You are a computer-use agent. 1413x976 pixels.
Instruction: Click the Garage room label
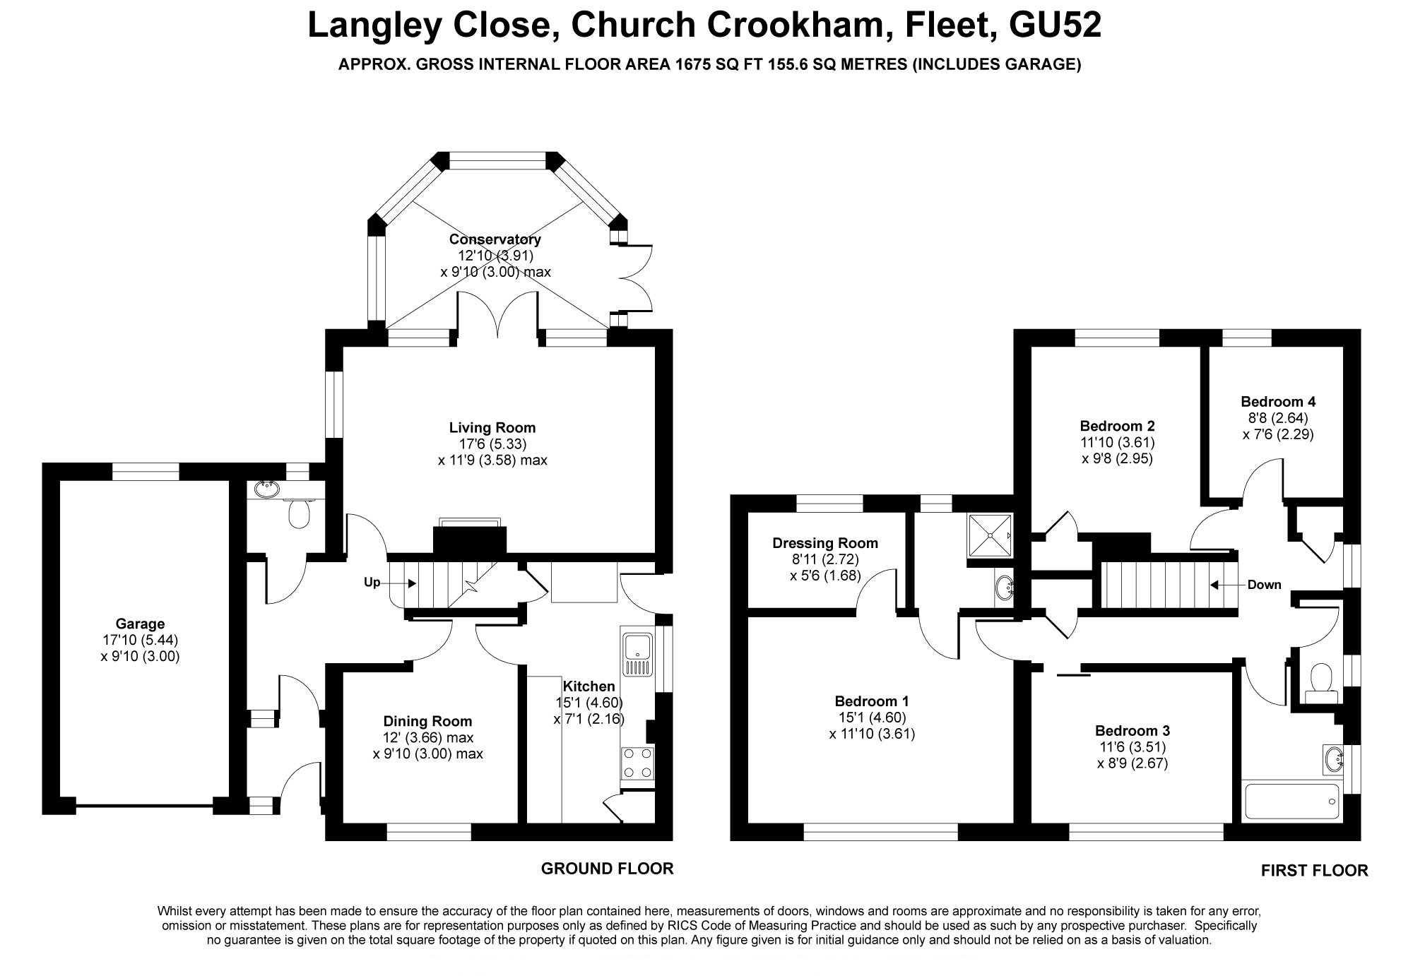tap(140, 624)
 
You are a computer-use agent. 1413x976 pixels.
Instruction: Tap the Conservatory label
tap(495, 239)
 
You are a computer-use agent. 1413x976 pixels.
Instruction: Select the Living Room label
tap(492, 427)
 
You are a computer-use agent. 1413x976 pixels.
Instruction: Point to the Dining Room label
tap(427, 721)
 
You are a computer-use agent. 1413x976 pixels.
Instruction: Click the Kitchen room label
tap(589, 686)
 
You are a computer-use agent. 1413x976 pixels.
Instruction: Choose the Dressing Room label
tap(825, 543)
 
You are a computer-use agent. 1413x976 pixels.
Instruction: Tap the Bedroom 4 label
tap(1278, 402)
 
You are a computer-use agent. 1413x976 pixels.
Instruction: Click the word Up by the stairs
tap(372, 582)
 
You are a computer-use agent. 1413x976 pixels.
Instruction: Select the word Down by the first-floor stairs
tap(1264, 585)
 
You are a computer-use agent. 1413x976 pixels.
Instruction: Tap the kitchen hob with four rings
tap(637, 763)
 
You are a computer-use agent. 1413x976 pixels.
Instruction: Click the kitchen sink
tap(638, 653)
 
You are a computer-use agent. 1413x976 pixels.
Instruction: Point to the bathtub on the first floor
tap(1290, 802)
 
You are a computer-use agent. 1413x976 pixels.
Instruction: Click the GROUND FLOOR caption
tap(607, 869)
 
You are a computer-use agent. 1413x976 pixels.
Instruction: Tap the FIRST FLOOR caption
tap(1314, 871)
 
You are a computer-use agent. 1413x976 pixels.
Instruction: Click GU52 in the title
tap(1055, 25)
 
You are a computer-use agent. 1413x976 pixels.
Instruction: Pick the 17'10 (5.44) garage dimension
tap(140, 640)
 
